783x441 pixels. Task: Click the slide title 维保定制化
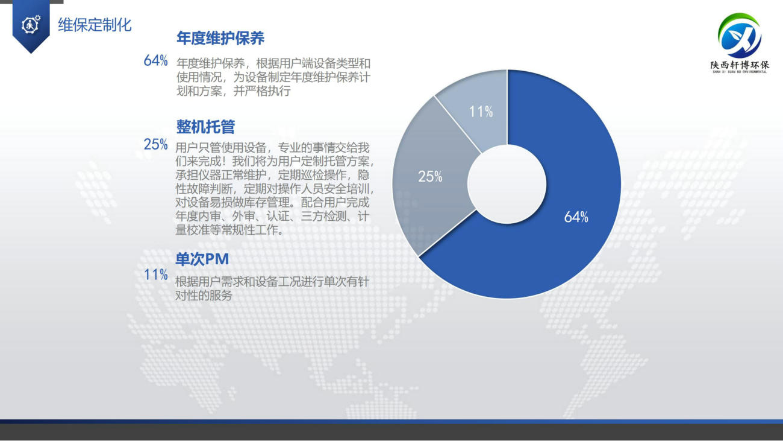(x=95, y=25)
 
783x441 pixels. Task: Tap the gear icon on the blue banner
(x=31, y=25)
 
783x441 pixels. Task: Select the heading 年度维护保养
(x=220, y=38)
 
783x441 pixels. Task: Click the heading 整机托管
(x=205, y=127)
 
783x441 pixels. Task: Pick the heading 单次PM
(x=202, y=259)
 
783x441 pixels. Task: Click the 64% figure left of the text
(x=156, y=61)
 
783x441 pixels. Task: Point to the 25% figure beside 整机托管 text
(x=156, y=144)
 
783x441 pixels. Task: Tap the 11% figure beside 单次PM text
(x=156, y=274)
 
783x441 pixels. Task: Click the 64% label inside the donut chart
(x=576, y=217)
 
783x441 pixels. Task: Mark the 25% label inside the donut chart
(x=430, y=176)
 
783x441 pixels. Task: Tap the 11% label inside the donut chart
(x=481, y=112)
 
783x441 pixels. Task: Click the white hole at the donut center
(x=507, y=184)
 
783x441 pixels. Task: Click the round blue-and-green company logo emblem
(x=740, y=36)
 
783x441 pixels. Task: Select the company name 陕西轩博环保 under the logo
(x=740, y=65)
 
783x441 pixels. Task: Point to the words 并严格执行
(x=262, y=91)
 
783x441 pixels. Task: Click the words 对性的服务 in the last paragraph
(x=204, y=296)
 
